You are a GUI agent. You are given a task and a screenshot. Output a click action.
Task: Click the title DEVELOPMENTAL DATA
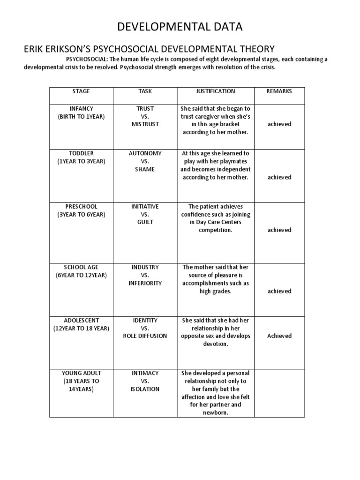pos(180,27)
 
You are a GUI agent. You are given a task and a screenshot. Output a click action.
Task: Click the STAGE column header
pos(81,91)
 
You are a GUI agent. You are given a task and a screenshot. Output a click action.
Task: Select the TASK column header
pos(145,91)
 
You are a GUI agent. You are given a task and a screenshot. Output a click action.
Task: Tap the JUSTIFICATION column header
pos(215,91)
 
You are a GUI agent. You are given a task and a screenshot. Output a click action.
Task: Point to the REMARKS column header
pos(279,91)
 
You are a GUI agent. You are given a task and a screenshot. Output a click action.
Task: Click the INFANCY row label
pos(81,108)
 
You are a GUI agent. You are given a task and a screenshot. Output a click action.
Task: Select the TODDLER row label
pos(81,153)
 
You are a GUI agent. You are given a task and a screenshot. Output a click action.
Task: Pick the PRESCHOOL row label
pos(81,206)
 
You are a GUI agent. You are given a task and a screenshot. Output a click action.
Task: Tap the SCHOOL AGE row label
pos(81,267)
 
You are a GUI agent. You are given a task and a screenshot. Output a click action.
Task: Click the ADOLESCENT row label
pos(81,320)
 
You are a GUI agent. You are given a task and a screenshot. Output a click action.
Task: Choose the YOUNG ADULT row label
pos(81,373)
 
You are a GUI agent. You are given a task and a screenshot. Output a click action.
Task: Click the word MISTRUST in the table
pos(145,124)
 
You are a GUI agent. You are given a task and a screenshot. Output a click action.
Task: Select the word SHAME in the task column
pos(145,169)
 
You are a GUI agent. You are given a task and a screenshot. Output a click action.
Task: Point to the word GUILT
pos(145,222)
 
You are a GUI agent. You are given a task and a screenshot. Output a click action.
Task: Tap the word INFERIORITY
pos(145,283)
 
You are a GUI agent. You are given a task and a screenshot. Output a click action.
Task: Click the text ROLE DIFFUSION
pos(145,336)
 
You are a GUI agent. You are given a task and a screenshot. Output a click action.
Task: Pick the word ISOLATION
pos(145,389)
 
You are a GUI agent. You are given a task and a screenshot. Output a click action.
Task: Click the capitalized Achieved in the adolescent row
pos(279,336)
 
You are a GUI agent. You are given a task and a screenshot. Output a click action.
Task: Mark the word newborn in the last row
pos(215,413)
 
